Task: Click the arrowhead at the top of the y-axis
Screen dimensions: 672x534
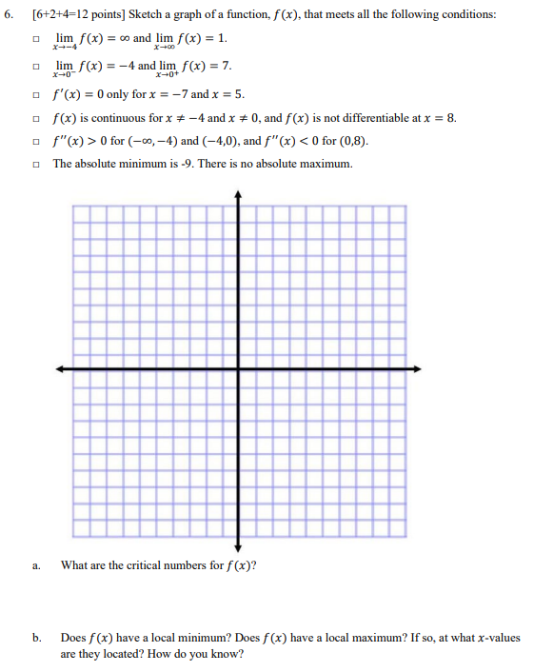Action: click(x=238, y=193)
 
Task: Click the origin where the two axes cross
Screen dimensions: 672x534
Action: click(x=238, y=368)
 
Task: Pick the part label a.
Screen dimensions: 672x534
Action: click(x=35, y=565)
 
